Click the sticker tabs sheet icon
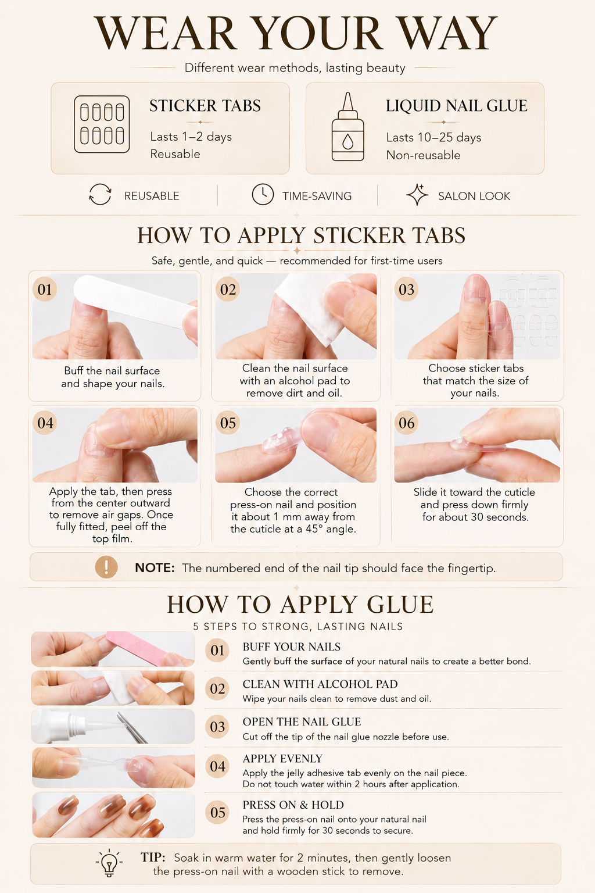[102, 124]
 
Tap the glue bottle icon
[347, 127]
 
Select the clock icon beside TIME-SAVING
[263, 195]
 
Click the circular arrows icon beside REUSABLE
[100, 195]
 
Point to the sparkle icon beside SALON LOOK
[417, 195]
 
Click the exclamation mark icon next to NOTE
[106, 567]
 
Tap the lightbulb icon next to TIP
[109, 863]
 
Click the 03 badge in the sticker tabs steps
[407, 290]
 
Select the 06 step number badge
[407, 423]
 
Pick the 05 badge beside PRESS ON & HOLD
[217, 812]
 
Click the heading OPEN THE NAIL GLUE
[302, 721]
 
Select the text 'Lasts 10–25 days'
[433, 138]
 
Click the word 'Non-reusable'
[423, 155]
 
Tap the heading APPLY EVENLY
[282, 759]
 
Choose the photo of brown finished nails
[113, 815]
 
